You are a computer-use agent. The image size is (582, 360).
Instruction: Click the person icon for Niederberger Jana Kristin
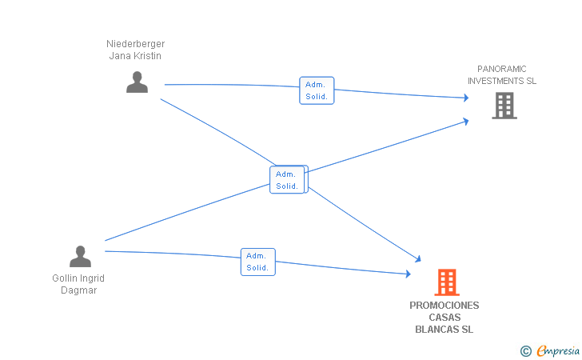[x=137, y=82]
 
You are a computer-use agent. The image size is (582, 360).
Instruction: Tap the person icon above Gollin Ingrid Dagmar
[x=80, y=256]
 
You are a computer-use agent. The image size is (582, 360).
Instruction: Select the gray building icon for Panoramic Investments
[x=504, y=106]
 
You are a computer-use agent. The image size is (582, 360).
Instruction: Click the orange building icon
[x=447, y=282]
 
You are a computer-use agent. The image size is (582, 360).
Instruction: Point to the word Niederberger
[x=136, y=44]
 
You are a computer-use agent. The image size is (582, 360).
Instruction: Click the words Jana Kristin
[x=136, y=56]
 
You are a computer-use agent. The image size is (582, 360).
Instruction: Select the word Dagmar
[x=79, y=290]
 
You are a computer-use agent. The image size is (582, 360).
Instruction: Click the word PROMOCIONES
[x=444, y=306]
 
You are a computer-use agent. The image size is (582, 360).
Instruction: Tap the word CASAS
[x=444, y=318]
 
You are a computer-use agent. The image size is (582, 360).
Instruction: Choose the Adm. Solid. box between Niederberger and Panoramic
[x=317, y=90]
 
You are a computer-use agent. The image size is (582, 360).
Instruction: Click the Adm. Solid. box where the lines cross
[x=288, y=180]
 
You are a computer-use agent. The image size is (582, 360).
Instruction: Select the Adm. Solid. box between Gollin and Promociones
[x=257, y=262]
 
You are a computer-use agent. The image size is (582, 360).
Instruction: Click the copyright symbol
[x=525, y=350]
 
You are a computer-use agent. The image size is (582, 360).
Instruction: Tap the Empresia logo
[x=557, y=350]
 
